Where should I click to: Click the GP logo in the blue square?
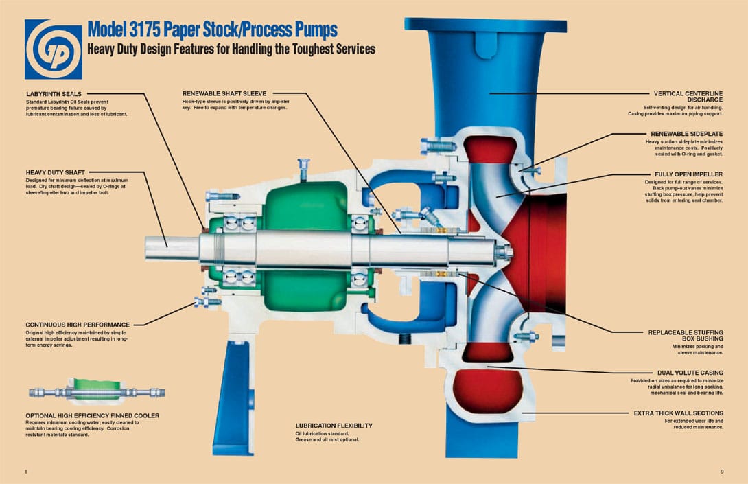tap(53, 49)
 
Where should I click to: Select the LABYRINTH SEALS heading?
tap(54, 94)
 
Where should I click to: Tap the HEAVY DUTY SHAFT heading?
tap(56, 172)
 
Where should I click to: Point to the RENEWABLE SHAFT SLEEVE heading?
tap(224, 94)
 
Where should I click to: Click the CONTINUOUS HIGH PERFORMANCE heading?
tap(77, 324)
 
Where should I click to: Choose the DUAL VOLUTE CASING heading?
tap(690, 373)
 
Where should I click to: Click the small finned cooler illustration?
tap(97, 392)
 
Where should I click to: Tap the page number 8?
tap(25, 472)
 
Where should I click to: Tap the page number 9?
tap(722, 472)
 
